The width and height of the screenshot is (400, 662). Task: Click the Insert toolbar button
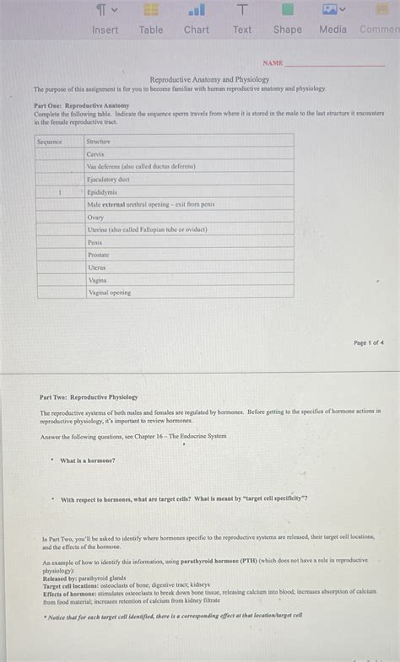tap(105, 19)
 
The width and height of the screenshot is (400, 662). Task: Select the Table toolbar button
tap(151, 19)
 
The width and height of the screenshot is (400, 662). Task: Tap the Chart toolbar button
tap(197, 19)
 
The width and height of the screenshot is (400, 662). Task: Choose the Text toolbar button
tap(242, 19)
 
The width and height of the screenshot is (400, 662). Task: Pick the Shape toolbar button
tap(287, 19)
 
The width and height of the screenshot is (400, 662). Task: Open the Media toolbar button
tap(332, 19)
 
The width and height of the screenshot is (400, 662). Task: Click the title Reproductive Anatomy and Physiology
tap(209, 79)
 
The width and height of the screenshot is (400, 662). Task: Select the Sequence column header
tap(50, 142)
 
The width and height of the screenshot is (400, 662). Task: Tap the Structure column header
tap(99, 142)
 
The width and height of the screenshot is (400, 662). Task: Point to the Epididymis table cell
tap(102, 192)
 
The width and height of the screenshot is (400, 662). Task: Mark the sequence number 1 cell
tap(60, 192)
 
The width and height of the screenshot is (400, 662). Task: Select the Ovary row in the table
tap(95, 217)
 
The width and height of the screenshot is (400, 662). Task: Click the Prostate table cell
tap(98, 255)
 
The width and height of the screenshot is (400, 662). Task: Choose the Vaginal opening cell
tap(110, 293)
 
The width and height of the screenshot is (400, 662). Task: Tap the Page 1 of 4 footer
tap(369, 343)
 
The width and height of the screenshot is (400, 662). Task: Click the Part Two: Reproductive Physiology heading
tap(89, 396)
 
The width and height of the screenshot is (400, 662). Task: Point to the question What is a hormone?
tap(88, 460)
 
